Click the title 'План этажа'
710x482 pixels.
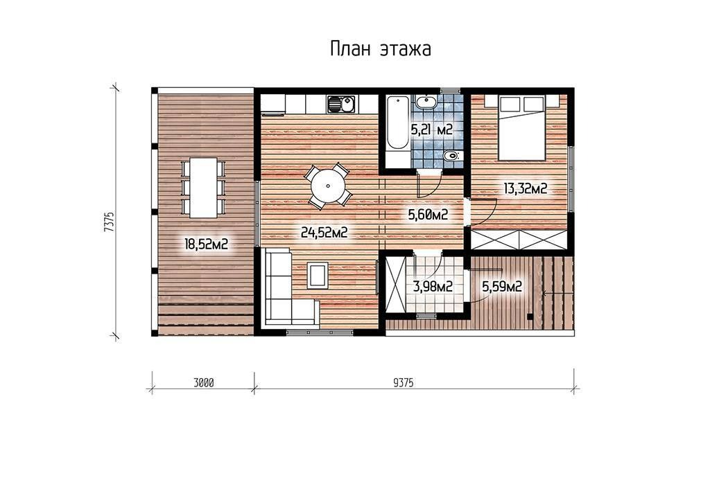[381, 49]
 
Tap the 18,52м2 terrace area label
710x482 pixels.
[206, 244]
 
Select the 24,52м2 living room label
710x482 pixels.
[324, 233]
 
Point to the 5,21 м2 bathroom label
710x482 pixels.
[431, 130]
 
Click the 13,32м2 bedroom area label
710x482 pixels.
[526, 188]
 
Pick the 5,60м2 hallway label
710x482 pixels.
[428, 215]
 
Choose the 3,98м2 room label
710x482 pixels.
[433, 286]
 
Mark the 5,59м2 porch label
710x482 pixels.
[502, 286]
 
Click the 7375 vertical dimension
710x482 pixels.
[108, 222]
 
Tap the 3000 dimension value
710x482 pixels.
[203, 383]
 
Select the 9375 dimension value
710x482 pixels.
[404, 383]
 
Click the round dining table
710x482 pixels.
[327, 186]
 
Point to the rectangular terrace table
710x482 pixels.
[203, 187]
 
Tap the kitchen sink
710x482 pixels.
[341, 105]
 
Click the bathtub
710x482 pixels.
[397, 122]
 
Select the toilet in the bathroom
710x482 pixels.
[451, 157]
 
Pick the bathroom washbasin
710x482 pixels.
[426, 102]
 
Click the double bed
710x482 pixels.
[521, 127]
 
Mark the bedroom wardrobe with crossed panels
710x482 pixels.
[519, 240]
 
